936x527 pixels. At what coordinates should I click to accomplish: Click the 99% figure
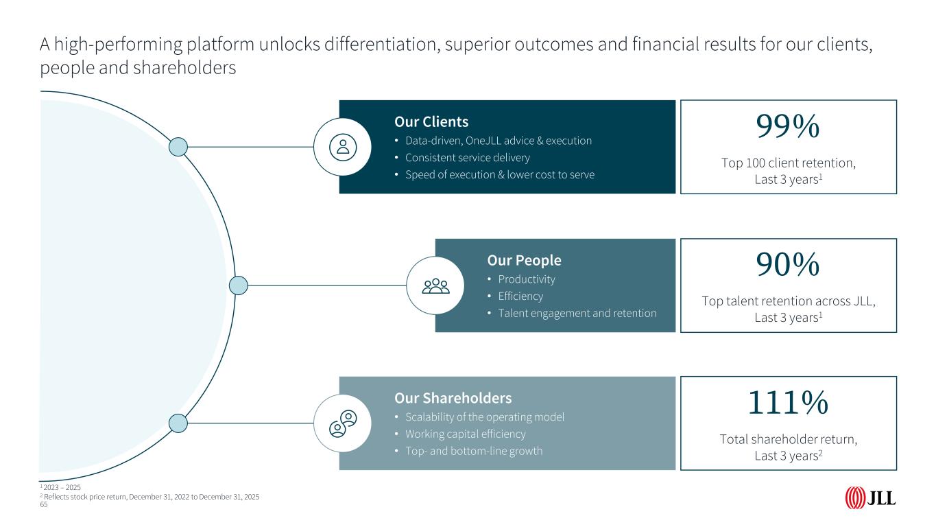[788, 126]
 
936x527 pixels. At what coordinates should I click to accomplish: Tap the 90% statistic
[788, 264]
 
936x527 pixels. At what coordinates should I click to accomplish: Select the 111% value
[788, 403]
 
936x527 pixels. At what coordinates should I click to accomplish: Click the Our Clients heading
[431, 121]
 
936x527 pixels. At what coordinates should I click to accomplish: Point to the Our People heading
[524, 260]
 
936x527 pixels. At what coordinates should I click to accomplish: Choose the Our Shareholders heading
[453, 398]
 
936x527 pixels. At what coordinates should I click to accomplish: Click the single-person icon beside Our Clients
[343, 148]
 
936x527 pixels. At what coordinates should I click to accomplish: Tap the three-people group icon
[436, 286]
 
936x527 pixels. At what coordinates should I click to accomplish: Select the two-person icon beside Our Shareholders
[343, 423]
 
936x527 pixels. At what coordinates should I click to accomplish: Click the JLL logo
[870, 498]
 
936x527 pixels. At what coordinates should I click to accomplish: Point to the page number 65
[43, 505]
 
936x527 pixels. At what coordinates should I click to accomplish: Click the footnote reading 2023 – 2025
[60, 487]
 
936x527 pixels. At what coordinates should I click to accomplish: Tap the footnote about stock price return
[150, 497]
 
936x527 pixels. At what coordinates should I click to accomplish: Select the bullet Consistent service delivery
[468, 158]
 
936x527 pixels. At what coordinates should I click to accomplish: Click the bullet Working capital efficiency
[466, 434]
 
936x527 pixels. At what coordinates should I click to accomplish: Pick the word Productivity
[527, 279]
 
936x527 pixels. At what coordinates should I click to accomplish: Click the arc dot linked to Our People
[239, 285]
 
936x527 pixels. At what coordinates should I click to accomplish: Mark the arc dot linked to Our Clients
[178, 148]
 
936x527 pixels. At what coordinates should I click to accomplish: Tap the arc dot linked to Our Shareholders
[178, 423]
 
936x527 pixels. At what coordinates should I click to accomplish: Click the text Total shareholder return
[788, 439]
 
